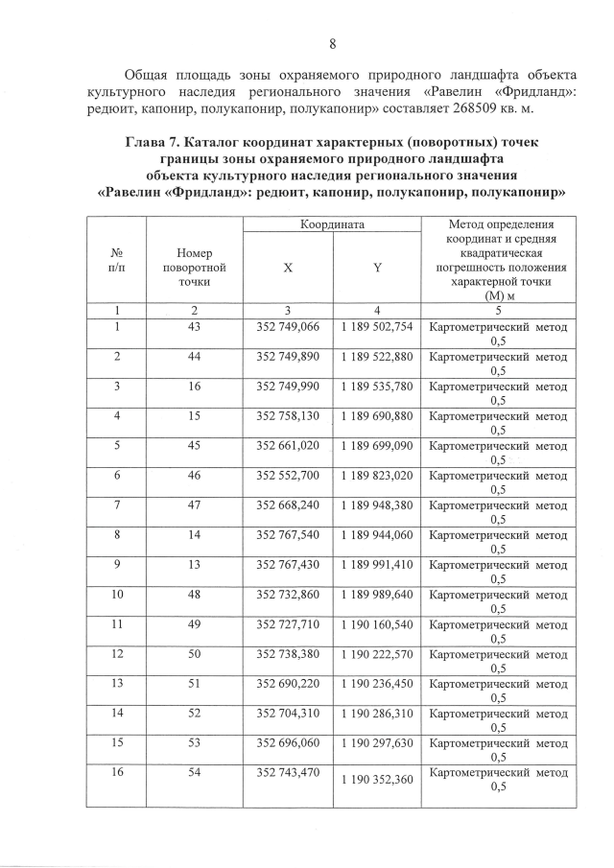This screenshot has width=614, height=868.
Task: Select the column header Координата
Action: click(331, 224)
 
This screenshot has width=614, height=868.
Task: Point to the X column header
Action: click(288, 269)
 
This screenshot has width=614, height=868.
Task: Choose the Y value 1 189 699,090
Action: click(377, 446)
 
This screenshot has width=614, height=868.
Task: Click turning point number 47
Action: click(194, 505)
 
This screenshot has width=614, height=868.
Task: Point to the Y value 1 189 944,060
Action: click(377, 535)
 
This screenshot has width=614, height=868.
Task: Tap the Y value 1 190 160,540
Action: click(377, 624)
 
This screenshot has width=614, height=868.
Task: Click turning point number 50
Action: click(194, 654)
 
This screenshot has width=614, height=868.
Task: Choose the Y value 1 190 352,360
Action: click(377, 780)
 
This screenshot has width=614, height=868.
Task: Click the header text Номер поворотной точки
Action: click(194, 268)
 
